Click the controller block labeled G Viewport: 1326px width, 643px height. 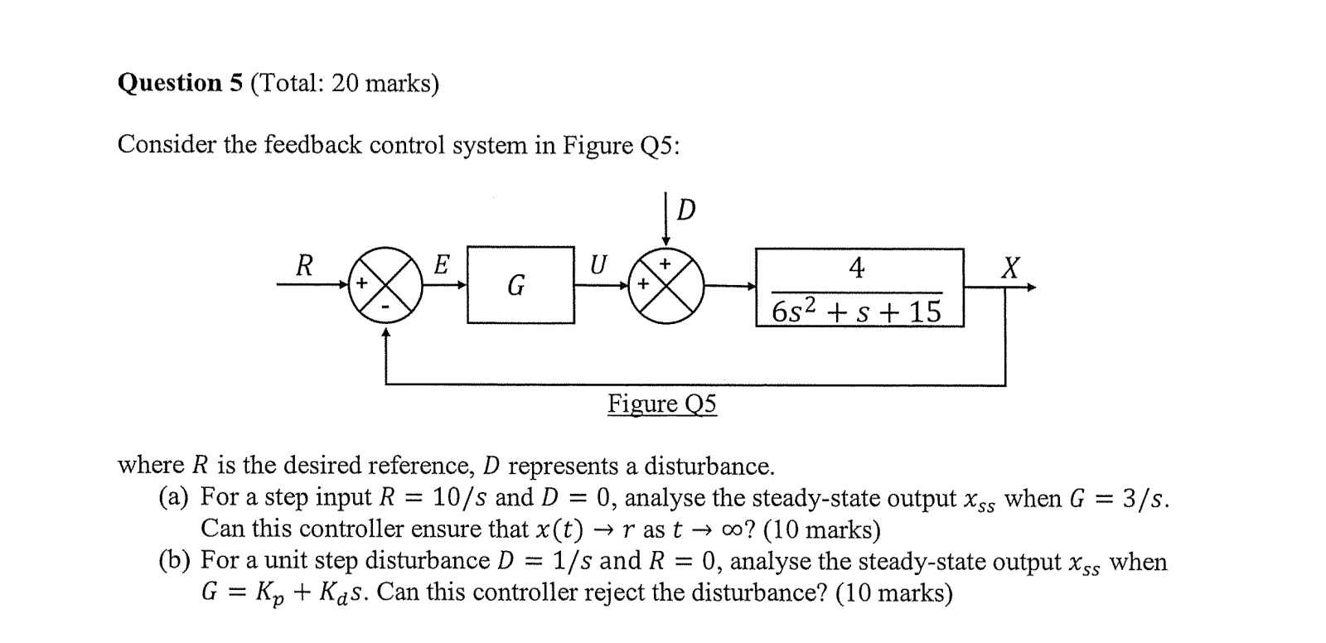[520, 285]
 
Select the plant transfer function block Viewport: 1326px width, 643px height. [859, 288]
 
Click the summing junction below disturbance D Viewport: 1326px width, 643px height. [666, 286]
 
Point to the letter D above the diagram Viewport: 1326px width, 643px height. [685, 211]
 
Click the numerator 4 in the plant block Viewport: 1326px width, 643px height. [857, 268]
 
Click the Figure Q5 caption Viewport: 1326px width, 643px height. [662, 404]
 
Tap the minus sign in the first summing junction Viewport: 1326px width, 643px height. [385, 306]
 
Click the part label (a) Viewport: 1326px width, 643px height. [174, 497]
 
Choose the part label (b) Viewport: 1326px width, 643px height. [174, 561]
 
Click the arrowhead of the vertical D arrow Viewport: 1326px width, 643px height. [665, 241]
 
